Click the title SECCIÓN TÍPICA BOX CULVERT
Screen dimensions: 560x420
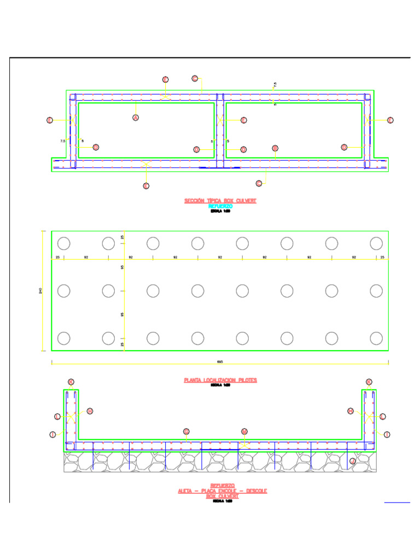220,201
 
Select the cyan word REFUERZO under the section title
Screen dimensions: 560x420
220,206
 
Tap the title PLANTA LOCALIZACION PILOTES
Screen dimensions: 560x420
220,380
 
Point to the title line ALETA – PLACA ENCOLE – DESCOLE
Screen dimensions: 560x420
222,491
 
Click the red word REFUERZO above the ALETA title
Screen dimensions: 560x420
222,486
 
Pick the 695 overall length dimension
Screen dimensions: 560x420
220,361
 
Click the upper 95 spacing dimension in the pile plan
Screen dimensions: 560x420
122,267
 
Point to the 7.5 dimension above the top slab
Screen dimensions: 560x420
275,85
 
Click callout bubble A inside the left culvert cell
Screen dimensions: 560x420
136,118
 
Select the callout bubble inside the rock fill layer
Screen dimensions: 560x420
352,462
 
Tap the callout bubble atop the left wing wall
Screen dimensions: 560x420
71,382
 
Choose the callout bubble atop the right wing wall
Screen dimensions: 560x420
369,382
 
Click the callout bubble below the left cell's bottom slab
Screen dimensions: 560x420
146,186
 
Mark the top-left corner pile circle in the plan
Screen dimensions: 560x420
64,243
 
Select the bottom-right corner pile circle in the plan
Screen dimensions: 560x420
376,338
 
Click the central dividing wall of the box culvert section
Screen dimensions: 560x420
220,131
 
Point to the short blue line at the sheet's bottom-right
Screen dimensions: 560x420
397,501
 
